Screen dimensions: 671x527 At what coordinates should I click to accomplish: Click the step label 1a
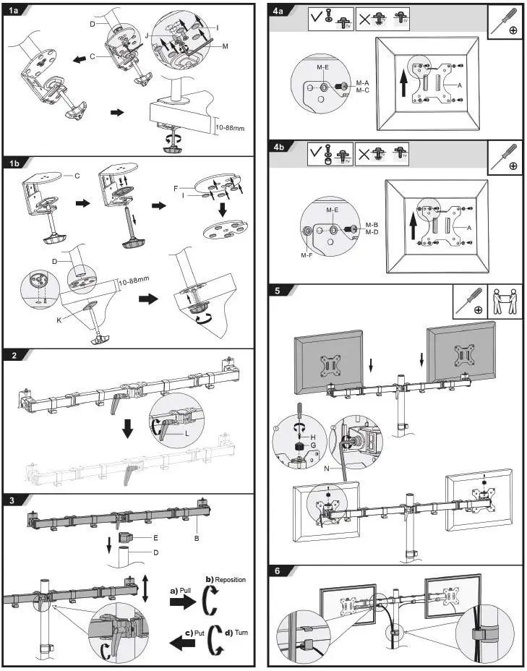coord(14,12)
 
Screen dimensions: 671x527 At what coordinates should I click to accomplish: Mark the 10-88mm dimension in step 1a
coord(231,127)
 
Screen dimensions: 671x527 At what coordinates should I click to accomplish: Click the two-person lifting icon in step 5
coord(505,301)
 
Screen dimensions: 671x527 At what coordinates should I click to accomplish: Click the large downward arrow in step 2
coord(128,428)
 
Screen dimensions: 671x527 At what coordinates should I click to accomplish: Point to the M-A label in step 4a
coord(363,83)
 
